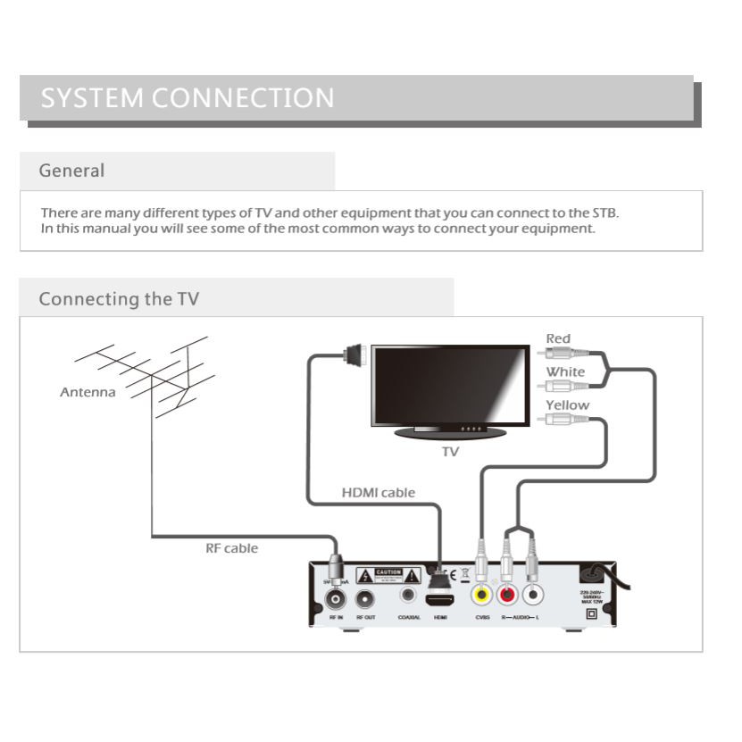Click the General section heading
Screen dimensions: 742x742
tap(71, 171)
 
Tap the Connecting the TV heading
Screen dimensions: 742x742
tap(119, 299)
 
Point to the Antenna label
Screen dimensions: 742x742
tap(88, 392)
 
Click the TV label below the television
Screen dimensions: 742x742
tap(450, 452)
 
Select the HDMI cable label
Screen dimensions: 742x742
tap(379, 493)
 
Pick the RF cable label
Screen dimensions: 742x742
tap(231, 548)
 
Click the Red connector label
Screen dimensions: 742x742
tap(558, 338)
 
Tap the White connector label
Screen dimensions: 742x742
tap(565, 371)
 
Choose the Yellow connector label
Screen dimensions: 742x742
tap(567, 405)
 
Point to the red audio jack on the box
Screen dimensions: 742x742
tap(508, 594)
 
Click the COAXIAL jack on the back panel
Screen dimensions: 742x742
tap(410, 593)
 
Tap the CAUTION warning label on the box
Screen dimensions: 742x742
tap(388, 573)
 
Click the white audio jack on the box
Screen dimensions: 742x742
tap(533, 594)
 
